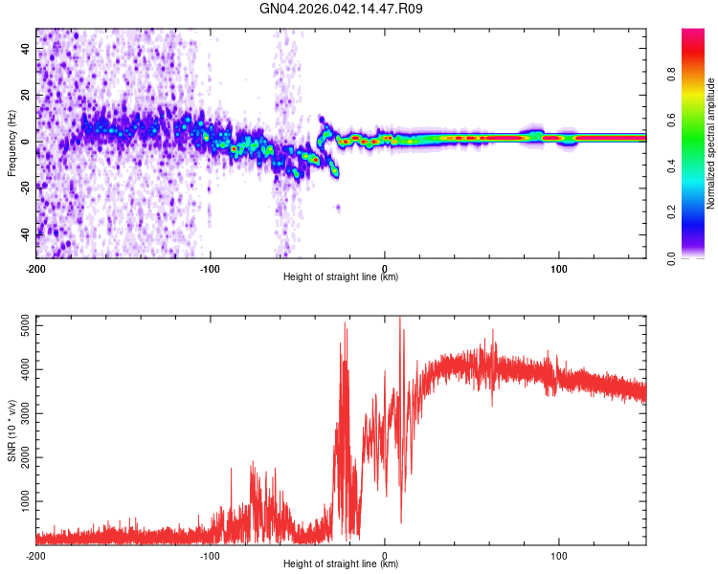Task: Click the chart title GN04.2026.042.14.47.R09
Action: (342, 10)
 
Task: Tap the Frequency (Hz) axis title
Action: (11, 143)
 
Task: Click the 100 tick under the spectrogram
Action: (559, 267)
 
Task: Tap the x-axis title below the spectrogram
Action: (341, 277)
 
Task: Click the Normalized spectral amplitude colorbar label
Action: (710, 143)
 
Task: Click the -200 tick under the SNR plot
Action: (35, 555)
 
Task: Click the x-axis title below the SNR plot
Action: (341, 564)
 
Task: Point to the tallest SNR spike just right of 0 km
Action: (399, 320)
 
